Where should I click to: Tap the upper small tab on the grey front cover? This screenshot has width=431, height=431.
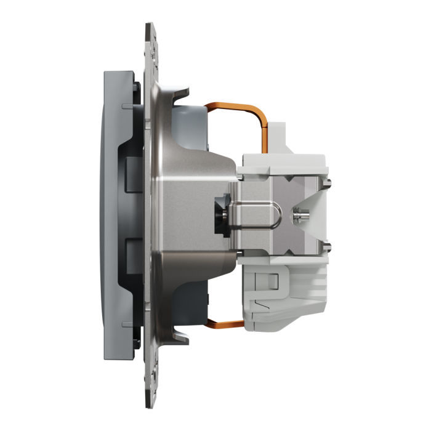tap(127, 108)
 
